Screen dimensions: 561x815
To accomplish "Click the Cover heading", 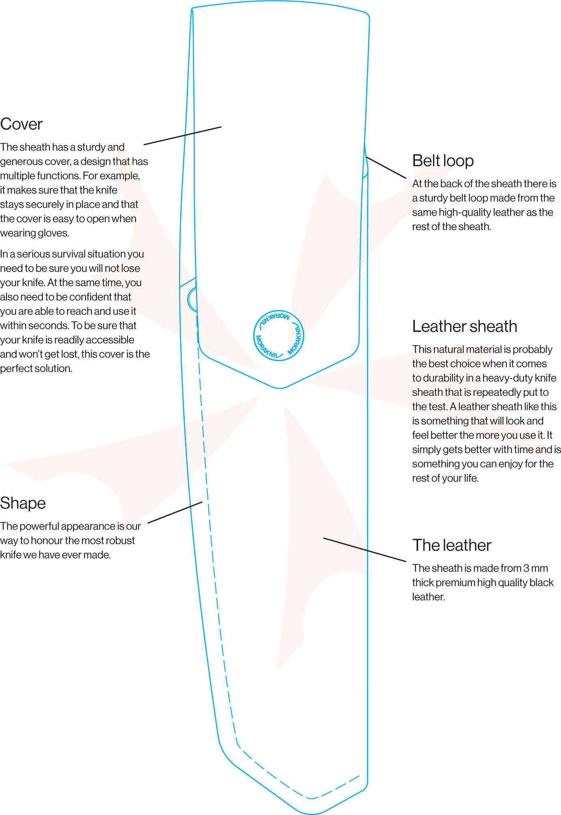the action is pyautogui.click(x=21, y=124).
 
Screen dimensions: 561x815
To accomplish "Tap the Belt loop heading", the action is pyautogui.click(x=443, y=161).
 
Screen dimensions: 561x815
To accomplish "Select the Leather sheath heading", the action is pyautogui.click(x=464, y=326).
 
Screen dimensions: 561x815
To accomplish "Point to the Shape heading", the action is pyautogui.click(x=23, y=503).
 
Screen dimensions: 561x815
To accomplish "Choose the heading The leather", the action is pyautogui.click(x=452, y=545).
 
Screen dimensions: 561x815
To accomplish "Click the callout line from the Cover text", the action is pyautogui.click(x=183, y=136).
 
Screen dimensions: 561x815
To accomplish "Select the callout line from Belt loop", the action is pyautogui.click(x=386, y=167).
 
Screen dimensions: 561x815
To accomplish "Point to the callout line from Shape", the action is pyautogui.click(x=175, y=512).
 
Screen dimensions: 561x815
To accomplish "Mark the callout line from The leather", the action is pyautogui.click(x=365, y=550).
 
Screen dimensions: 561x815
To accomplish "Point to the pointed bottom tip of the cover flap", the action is pyautogui.click(x=280, y=388).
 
